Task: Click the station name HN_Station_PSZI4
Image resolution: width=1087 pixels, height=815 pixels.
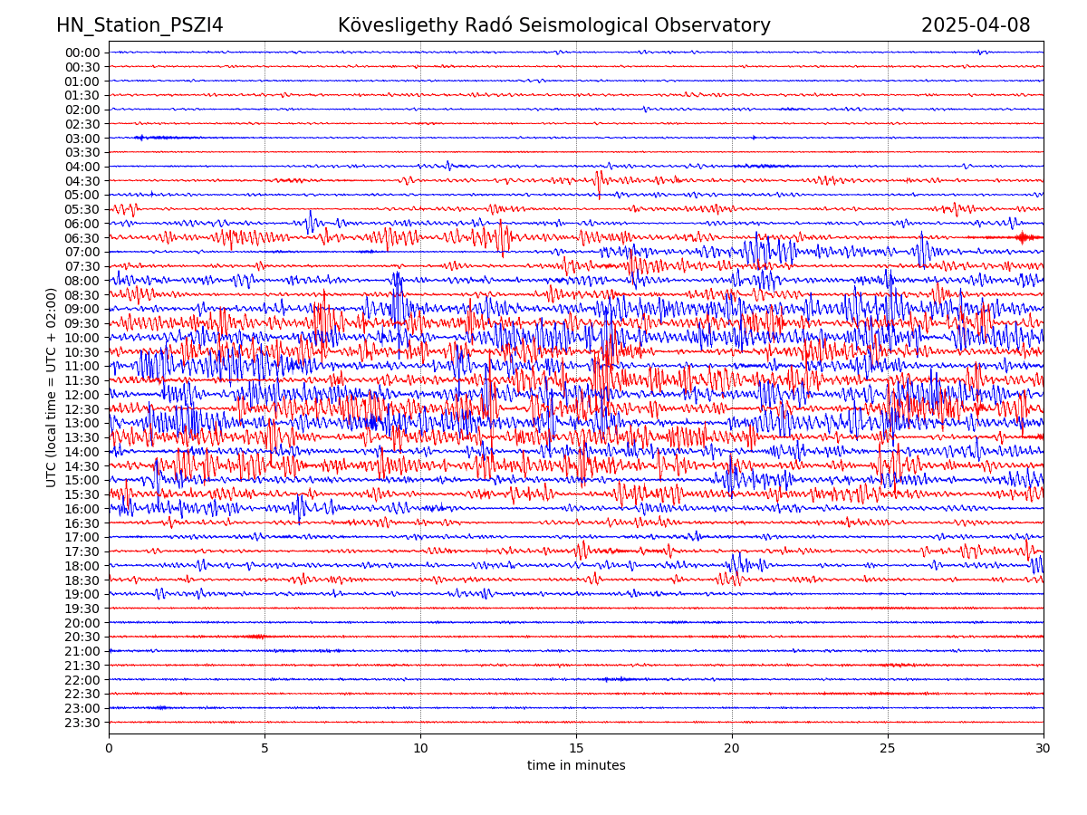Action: [x=139, y=25]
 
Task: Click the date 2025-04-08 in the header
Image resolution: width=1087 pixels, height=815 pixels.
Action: [x=976, y=25]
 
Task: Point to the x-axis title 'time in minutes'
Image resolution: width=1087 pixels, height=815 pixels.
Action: [x=576, y=765]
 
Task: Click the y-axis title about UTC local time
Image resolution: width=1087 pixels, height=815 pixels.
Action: [x=52, y=387]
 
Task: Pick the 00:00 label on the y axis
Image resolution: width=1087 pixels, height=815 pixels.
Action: [x=82, y=53]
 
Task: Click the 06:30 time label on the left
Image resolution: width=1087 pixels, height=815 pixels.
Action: [x=82, y=238]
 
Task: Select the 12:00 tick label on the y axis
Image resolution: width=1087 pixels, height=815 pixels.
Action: [x=82, y=395]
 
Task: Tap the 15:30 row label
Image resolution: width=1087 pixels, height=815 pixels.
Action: [x=82, y=494]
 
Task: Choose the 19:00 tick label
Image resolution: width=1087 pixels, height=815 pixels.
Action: [x=82, y=594]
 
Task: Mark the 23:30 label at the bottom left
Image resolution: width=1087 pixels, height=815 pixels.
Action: [x=82, y=723]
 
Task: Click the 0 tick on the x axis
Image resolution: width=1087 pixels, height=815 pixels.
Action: [x=109, y=748]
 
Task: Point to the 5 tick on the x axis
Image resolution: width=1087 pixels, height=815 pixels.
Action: [x=265, y=748]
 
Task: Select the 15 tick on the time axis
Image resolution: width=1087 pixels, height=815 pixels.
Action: [x=576, y=748]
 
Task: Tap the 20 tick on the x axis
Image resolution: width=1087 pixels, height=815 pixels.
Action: [x=732, y=748]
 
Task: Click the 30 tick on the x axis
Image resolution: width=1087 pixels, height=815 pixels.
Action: [x=1044, y=748]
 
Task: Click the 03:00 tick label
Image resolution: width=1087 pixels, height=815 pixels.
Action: [x=82, y=139]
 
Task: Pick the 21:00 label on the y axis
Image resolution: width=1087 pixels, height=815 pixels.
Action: [x=82, y=651]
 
